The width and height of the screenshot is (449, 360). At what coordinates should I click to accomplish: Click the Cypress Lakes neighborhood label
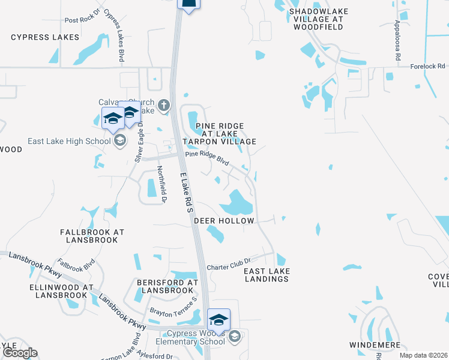pos(45,37)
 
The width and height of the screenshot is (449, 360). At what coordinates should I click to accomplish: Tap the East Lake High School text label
pos(69,141)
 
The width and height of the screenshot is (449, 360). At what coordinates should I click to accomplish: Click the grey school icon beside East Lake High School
pos(119,141)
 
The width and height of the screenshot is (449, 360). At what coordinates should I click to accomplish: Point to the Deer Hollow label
pos(224,221)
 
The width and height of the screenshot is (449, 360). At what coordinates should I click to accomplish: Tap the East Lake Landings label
pos(267,275)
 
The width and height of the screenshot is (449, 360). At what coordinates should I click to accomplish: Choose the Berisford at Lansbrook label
pos(167,286)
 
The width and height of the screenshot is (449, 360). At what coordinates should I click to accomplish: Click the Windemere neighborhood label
pos(375,345)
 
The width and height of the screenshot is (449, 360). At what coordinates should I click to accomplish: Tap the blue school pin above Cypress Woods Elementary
pos(218,319)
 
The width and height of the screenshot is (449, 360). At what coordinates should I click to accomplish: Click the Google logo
pos(19,353)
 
